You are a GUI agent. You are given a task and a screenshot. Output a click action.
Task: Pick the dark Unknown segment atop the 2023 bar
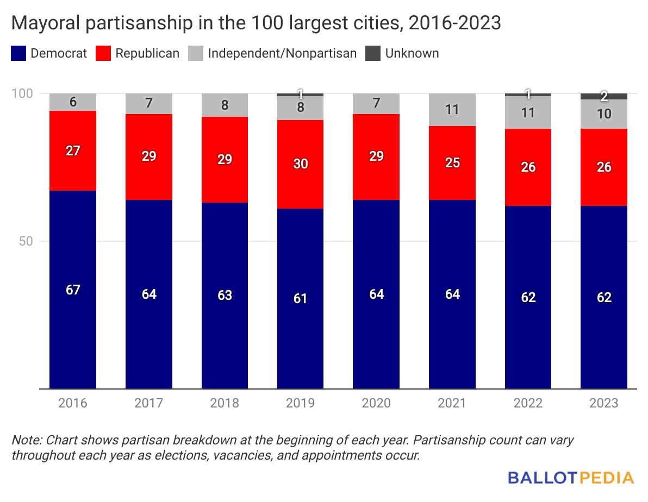pos(604,96)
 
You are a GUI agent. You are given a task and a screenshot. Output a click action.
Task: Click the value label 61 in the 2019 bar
pos(300,298)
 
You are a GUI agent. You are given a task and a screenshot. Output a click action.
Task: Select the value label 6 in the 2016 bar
pos(73,102)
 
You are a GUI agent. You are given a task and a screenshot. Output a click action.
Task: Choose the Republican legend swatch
pos(103,53)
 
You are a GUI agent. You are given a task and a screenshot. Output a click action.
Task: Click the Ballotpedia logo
pos(571,478)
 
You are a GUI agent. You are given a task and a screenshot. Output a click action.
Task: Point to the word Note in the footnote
pos(24,440)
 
